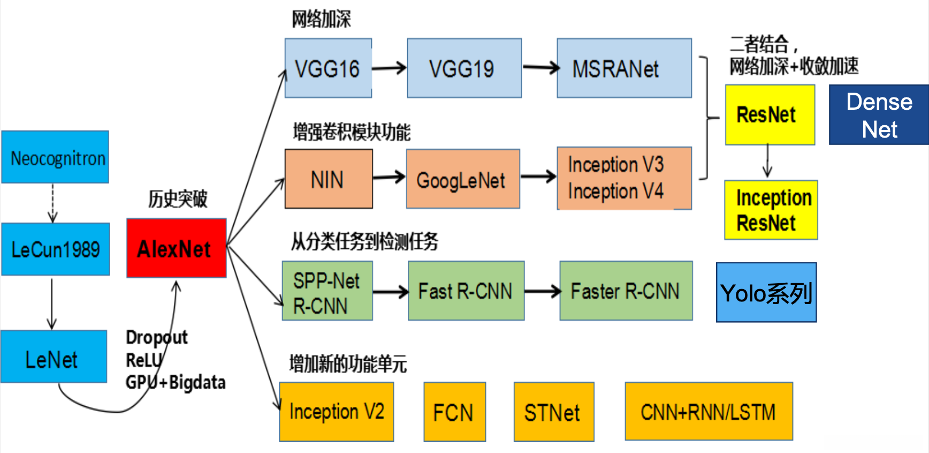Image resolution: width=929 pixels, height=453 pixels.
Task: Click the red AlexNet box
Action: coord(176,248)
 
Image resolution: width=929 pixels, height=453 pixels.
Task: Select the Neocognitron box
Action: coord(55,157)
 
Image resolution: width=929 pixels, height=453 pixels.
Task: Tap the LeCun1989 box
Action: coord(56,249)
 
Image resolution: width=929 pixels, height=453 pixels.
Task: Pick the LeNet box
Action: coord(54,357)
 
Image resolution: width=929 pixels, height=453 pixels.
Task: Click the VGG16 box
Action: coord(328,68)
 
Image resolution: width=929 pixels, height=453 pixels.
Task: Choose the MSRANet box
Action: coord(624,68)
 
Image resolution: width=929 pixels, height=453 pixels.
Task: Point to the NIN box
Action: coord(329,179)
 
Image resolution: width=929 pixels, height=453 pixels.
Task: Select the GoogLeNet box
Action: coord(463,179)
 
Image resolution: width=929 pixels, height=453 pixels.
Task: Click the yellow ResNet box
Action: coord(770,115)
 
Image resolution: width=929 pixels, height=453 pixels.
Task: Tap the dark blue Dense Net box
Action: coord(879,115)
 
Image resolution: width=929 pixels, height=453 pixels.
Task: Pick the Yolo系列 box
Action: coord(766,292)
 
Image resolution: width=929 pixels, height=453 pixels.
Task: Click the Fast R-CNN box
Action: coord(466,291)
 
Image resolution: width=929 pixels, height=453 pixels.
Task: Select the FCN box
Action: coord(454,412)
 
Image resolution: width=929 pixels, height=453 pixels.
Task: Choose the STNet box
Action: coord(554,412)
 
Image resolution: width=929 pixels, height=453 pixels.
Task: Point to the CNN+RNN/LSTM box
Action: coord(709,411)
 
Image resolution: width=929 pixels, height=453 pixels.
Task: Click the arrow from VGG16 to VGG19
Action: coord(389,68)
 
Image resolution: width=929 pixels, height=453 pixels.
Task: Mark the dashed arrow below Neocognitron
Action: coord(52,203)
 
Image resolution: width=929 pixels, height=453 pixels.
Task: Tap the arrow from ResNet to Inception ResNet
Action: coord(767,161)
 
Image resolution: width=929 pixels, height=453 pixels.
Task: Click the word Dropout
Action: coord(156,337)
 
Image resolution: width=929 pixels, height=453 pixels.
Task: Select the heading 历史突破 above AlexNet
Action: coord(178,199)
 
